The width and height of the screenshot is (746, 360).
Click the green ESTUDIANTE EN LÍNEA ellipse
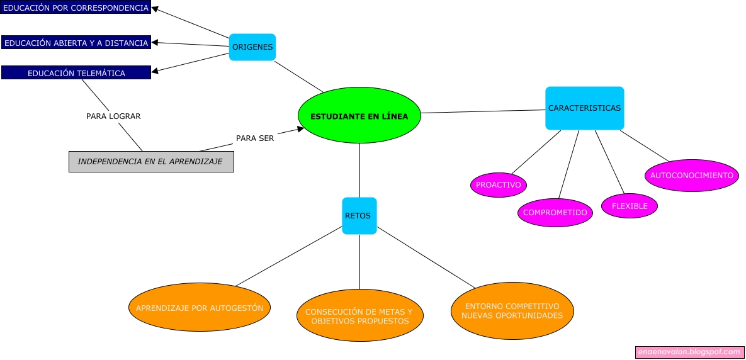tap(359, 116)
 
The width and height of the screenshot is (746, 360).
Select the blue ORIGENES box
tap(252, 47)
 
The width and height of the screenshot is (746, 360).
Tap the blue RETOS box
tap(359, 216)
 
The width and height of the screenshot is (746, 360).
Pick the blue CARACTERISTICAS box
tap(584, 108)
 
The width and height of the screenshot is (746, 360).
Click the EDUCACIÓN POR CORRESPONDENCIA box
tap(76, 8)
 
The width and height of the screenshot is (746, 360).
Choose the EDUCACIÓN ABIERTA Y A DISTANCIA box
tap(76, 43)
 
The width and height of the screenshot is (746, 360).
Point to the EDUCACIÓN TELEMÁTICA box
tap(76, 73)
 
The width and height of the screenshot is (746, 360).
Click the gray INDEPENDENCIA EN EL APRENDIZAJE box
tap(151, 162)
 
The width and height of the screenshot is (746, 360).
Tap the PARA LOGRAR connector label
tap(113, 116)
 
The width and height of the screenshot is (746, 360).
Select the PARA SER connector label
tap(255, 138)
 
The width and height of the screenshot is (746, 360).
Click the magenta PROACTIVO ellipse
tap(498, 185)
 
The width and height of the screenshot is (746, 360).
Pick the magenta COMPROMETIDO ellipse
tap(555, 213)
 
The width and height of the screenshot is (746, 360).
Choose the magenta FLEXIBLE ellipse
tap(630, 206)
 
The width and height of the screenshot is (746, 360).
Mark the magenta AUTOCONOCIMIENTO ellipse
tap(691, 176)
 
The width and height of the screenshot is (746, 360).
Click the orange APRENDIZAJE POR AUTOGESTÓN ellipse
tap(200, 308)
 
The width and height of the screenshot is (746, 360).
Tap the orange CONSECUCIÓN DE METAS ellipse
tap(359, 316)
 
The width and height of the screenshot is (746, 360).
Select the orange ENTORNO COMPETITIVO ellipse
tap(512, 311)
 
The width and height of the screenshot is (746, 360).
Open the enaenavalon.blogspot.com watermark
tap(689, 352)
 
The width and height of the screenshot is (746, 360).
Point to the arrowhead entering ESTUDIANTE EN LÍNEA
tap(300, 129)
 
